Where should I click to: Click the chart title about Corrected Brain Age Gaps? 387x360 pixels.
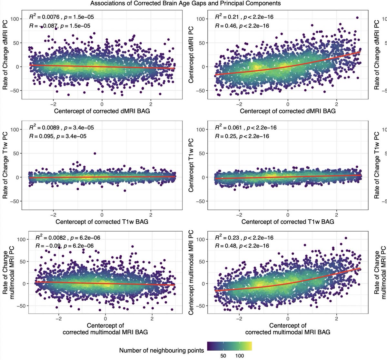click(185, 4)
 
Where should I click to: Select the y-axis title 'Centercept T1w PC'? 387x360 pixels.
click(191, 165)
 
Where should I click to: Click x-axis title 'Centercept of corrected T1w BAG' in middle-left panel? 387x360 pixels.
click(102, 222)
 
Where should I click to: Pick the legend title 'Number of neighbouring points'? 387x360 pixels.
click(162, 350)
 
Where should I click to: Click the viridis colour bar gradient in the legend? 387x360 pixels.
click(229, 346)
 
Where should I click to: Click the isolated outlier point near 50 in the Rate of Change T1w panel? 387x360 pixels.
click(95, 154)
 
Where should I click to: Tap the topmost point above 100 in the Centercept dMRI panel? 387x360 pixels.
click(357, 18)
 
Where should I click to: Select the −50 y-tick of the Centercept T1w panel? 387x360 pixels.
click(201, 201)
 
